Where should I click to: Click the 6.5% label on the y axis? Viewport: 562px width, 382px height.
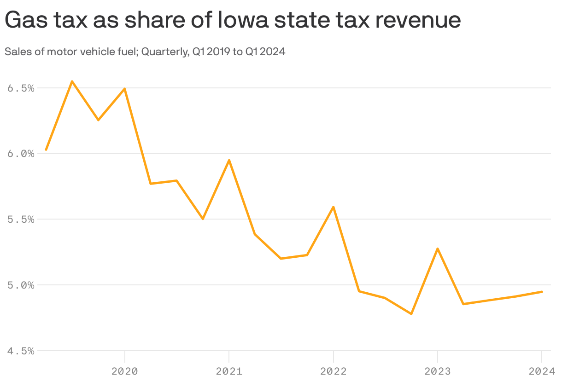21,88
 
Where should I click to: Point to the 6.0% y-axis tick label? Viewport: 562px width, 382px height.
21,154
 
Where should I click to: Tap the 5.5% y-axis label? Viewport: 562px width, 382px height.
21,220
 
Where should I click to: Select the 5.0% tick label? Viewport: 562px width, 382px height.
21,285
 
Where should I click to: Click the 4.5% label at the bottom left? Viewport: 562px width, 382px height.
21,351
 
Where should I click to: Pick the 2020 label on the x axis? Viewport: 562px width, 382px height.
124,371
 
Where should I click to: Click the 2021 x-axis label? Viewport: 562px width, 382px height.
229,371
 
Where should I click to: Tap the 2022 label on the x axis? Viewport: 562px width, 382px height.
333,371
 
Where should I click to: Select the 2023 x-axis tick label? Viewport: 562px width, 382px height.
437,371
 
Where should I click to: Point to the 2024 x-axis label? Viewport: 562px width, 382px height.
542,371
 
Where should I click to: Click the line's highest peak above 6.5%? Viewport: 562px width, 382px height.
72,81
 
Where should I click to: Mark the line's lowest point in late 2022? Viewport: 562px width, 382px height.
411,314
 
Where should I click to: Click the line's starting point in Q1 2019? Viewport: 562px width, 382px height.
46,150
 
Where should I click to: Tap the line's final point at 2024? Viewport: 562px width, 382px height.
542,292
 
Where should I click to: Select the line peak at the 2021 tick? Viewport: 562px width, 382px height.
229,160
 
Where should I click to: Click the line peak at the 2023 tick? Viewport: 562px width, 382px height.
437,249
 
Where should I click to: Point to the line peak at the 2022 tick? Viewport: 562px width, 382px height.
333,207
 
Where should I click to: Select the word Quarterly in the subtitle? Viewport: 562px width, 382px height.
163,52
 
